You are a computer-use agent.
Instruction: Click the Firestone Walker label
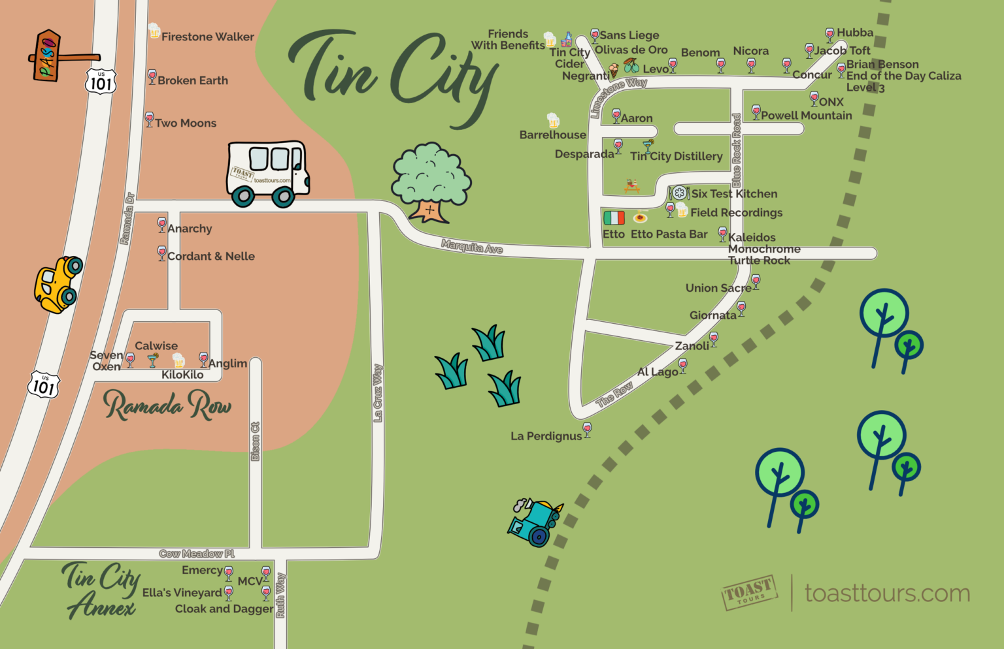point(207,37)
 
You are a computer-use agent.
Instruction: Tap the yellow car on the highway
point(58,284)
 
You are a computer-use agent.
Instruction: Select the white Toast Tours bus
point(268,174)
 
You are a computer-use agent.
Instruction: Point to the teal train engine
point(534,522)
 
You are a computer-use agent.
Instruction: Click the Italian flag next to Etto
point(614,217)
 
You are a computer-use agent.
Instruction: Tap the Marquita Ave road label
point(472,247)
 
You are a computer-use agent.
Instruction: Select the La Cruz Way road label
point(377,393)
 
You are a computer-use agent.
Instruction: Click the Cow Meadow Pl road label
point(196,554)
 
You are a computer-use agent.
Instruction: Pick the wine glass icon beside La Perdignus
point(587,430)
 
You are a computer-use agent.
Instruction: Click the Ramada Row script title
point(167,405)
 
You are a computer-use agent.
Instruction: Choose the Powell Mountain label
point(806,116)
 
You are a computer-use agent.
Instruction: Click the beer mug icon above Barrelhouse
point(553,120)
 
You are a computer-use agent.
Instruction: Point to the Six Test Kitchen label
point(734,194)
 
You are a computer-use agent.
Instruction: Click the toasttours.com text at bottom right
point(887,594)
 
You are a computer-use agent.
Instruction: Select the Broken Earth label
point(192,80)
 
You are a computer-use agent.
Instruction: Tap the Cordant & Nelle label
point(210,257)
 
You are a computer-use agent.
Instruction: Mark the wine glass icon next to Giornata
point(741,308)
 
